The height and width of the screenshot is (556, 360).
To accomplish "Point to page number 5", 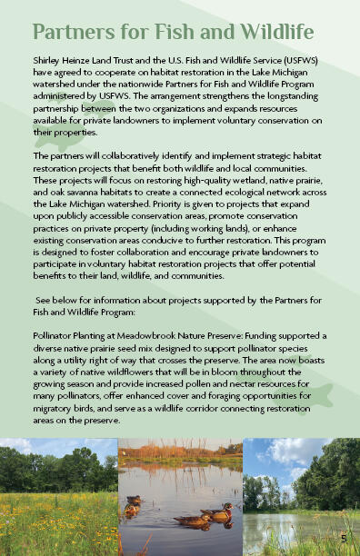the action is click(344, 538).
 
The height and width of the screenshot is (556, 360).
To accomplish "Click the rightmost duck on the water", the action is click(216, 515).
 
